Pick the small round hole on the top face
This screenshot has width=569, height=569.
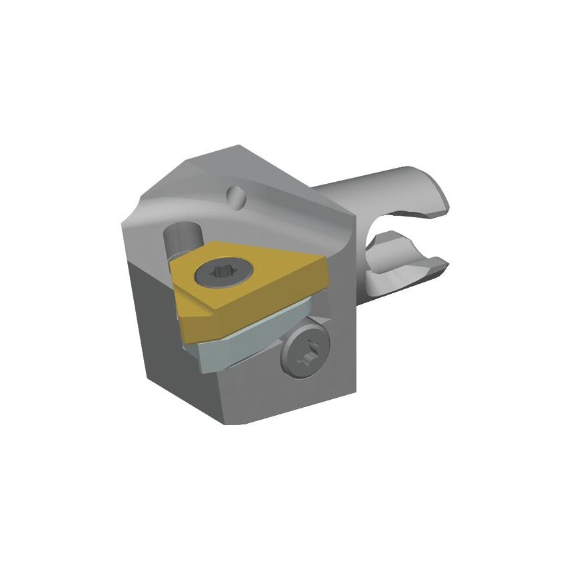click(235, 195)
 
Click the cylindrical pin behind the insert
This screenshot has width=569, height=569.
click(181, 241)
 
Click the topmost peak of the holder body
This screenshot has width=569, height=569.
click(235, 146)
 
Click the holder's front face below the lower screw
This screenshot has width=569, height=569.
click(293, 393)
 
